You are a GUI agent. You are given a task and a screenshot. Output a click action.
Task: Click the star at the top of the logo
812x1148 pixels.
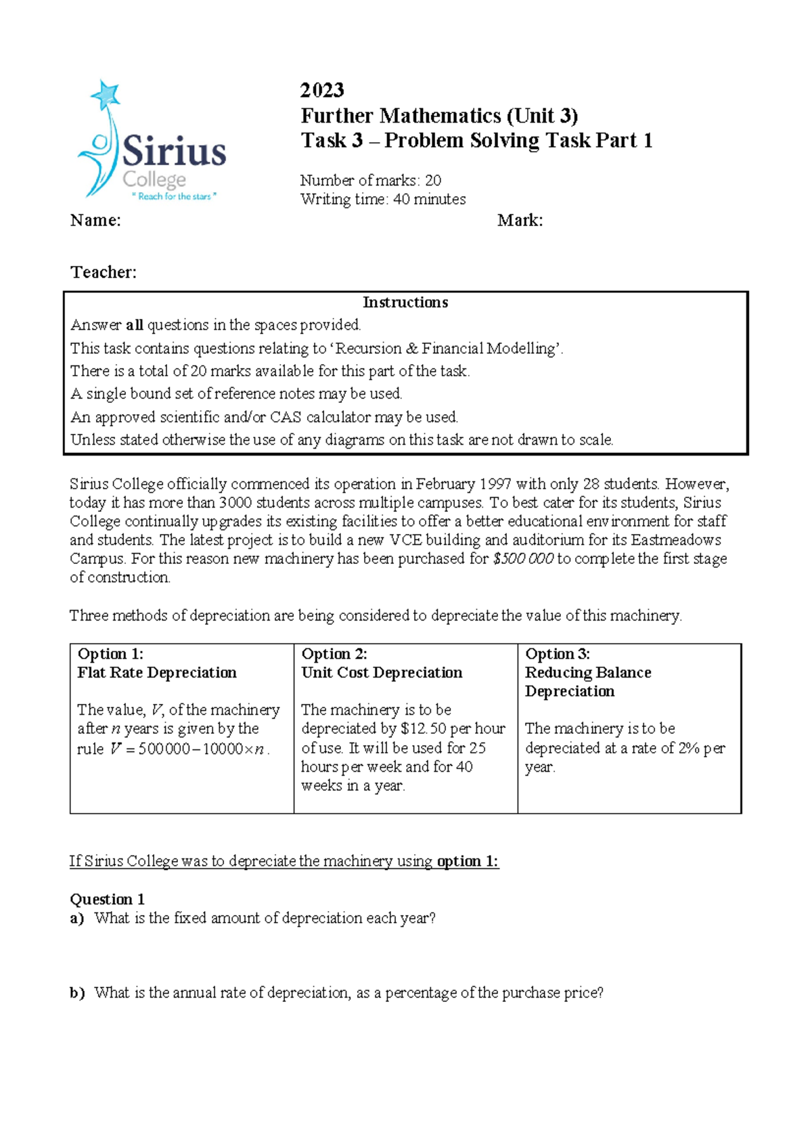tap(106, 94)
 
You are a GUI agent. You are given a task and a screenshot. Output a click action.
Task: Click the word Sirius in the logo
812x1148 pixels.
tap(174, 152)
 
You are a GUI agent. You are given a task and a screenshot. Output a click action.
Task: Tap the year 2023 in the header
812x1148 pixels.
tap(322, 90)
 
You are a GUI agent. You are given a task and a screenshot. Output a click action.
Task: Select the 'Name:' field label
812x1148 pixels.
tap(95, 221)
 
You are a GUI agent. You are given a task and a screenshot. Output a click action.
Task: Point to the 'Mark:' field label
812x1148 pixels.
tap(520, 221)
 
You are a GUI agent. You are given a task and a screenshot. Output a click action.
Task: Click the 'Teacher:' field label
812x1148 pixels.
tap(104, 272)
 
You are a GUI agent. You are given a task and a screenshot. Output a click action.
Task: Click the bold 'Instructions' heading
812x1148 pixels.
tap(405, 303)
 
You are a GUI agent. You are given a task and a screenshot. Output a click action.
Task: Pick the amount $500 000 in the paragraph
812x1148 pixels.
tap(524, 559)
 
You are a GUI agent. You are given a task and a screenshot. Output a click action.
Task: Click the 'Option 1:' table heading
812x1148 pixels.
tap(110, 654)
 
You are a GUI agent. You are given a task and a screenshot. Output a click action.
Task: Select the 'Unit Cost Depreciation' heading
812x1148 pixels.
tap(382, 673)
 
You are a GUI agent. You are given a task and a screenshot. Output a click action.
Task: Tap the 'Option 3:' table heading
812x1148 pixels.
tap(558, 654)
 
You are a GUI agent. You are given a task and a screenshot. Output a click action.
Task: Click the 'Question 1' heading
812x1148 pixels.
tap(107, 900)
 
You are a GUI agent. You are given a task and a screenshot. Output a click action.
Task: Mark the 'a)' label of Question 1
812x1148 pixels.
tap(76, 919)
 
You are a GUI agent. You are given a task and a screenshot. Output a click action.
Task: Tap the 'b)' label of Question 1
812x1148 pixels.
tap(76, 993)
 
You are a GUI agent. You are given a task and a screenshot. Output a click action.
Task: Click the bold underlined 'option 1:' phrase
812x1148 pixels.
tap(468, 862)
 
